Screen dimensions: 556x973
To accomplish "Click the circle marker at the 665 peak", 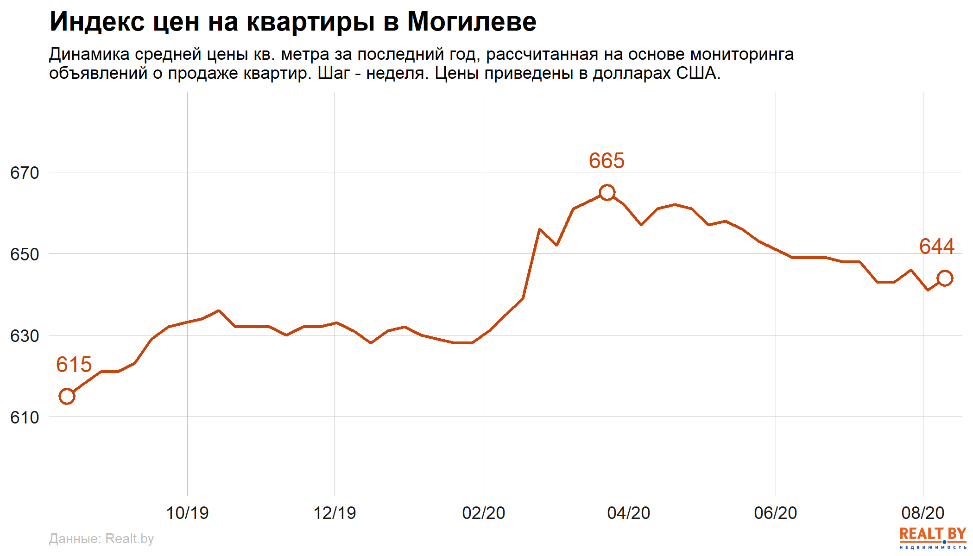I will click(607, 192).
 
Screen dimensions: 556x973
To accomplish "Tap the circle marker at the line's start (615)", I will click(67, 396).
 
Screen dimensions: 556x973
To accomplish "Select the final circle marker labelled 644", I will click(945, 278).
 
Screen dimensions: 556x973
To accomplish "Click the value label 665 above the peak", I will click(607, 161).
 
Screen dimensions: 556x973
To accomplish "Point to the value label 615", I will click(74, 365).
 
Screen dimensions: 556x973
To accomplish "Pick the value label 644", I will click(936, 246).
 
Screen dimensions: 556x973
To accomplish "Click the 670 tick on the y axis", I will click(25, 173).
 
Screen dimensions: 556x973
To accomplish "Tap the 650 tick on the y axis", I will click(25, 254).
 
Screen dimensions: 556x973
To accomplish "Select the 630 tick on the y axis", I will click(25, 336).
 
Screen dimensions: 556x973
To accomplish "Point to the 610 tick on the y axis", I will click(25, 417).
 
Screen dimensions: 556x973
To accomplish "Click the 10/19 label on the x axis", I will click(187, 513).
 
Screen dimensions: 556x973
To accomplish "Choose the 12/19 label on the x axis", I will click(335, 513).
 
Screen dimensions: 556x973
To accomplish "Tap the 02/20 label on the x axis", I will click(484, 513).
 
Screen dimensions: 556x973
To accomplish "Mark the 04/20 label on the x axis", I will click(629, 513).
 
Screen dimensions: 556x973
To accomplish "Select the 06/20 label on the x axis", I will click(776, 513).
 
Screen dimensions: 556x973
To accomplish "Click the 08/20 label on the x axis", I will click(923, 513).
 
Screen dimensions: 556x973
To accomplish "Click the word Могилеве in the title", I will click(472, 22).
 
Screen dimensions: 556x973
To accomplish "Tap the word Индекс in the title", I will click(97, 22).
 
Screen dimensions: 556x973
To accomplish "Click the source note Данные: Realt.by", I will click(101, 538).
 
